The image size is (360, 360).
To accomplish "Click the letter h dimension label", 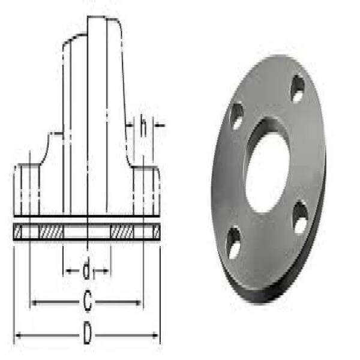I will (143, 126).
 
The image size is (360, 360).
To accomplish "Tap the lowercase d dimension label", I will (87, 272).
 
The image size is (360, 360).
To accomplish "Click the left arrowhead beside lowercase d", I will (67, 272).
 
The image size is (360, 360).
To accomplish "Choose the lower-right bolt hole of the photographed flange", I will (300, 218).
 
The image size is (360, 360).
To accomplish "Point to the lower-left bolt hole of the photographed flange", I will (234, 243).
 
